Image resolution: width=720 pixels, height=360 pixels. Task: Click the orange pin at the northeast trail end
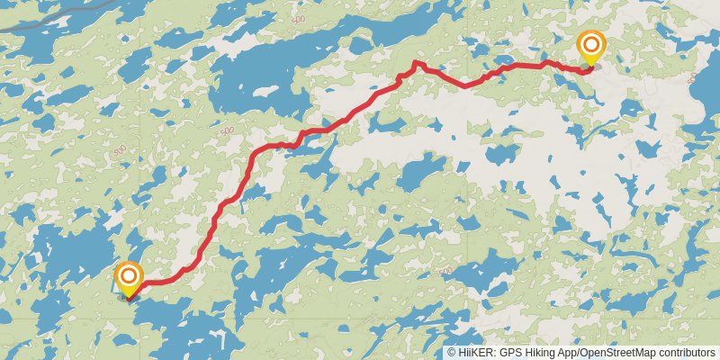tap(591, 48)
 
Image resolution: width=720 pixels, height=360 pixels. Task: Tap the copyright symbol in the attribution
tap(452, 353)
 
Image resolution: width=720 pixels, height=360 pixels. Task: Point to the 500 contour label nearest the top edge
tap(300, 17)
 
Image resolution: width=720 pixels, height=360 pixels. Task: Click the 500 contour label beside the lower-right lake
tap(444, 270)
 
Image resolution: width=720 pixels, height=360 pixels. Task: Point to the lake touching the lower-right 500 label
tap(477, 270)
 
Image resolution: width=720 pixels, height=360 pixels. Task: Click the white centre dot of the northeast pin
tap(591, 44)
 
